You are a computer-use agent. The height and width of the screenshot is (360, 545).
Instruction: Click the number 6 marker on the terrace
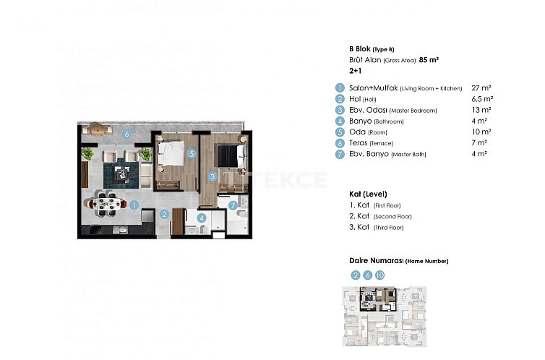126,133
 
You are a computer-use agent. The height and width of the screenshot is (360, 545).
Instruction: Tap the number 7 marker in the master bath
233,205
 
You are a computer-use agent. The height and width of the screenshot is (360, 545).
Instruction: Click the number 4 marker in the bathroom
202,217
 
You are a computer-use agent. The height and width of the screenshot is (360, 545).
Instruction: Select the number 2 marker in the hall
165,214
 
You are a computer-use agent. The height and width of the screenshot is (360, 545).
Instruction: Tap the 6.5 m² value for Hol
482,98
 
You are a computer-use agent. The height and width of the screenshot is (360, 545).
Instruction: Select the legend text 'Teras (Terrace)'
374,143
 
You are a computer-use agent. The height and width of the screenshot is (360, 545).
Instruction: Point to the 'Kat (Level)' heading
368,194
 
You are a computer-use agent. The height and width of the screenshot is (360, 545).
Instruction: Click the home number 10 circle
379,275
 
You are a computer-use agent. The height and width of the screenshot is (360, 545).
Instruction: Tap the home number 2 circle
355,275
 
